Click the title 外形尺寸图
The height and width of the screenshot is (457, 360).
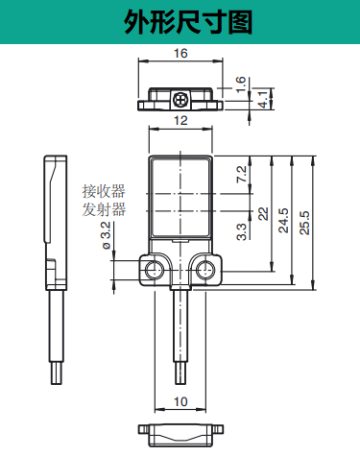[180, 22]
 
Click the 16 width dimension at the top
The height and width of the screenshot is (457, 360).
[180, 55]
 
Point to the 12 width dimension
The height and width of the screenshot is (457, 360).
[180, 122]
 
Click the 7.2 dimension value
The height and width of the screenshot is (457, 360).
[241, 175]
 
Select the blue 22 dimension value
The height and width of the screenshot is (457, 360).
[262, 213]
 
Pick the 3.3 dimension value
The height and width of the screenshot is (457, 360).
[241, 230]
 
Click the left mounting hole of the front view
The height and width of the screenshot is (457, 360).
[153, 271]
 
